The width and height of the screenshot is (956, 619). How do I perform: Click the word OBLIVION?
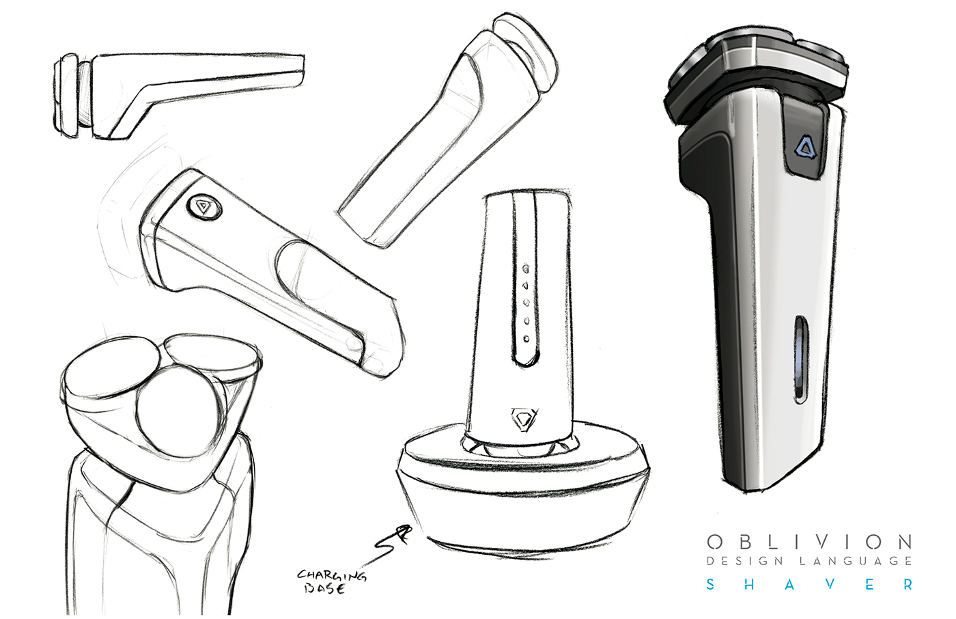coord(809,542)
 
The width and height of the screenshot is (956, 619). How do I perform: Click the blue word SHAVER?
coord(810,584)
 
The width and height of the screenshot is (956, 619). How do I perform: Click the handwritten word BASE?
coord(324,589)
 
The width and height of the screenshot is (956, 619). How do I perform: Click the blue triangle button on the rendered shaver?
coord(805,148)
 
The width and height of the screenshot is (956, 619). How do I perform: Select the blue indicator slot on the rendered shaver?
coord(800,359)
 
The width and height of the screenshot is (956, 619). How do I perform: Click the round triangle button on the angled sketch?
coord(204,208)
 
